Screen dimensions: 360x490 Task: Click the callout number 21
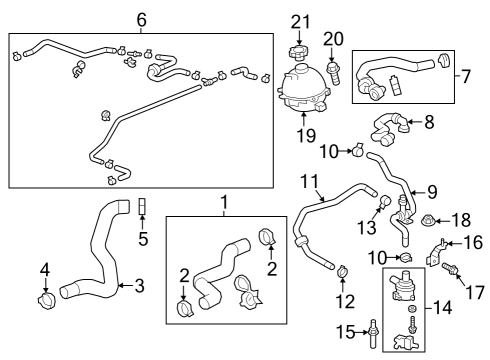pos(301,21)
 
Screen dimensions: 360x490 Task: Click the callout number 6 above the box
pos(141,18)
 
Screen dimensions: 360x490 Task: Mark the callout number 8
pos(429,124)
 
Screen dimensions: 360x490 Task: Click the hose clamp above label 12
pos(342,269)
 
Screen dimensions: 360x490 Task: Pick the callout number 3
pos(139,286)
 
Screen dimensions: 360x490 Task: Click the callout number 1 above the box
pos(224,203)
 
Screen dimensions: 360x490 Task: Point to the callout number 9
pos(432,191)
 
